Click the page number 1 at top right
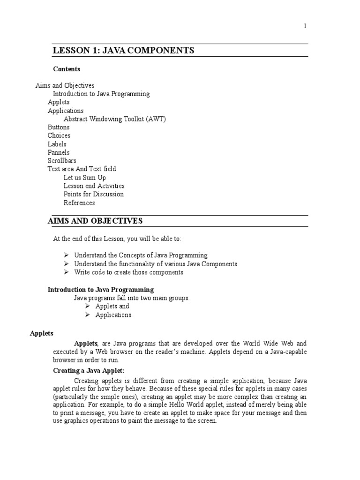(x=305, y=26)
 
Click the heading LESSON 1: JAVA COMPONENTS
(x=124, y=50)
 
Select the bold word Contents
(x=67, y=69)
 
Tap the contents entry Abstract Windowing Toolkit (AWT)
(x=115, y=119)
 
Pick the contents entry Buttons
(x=59, y=127)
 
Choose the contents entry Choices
(x=59, y=136)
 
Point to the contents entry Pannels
(x=59, y=152)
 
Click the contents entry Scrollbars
(x=62, y=161)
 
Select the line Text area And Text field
(x=82, y=169)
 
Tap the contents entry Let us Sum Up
(x=85, y=178)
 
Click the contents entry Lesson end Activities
(x=94, y=186)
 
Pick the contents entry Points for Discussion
(x=94, y=194)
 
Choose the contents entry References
(x=79, y=203)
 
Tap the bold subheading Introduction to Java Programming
(x=101, y=290)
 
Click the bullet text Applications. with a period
(x=114, y=315)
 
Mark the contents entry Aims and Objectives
(x=65, y=86)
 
